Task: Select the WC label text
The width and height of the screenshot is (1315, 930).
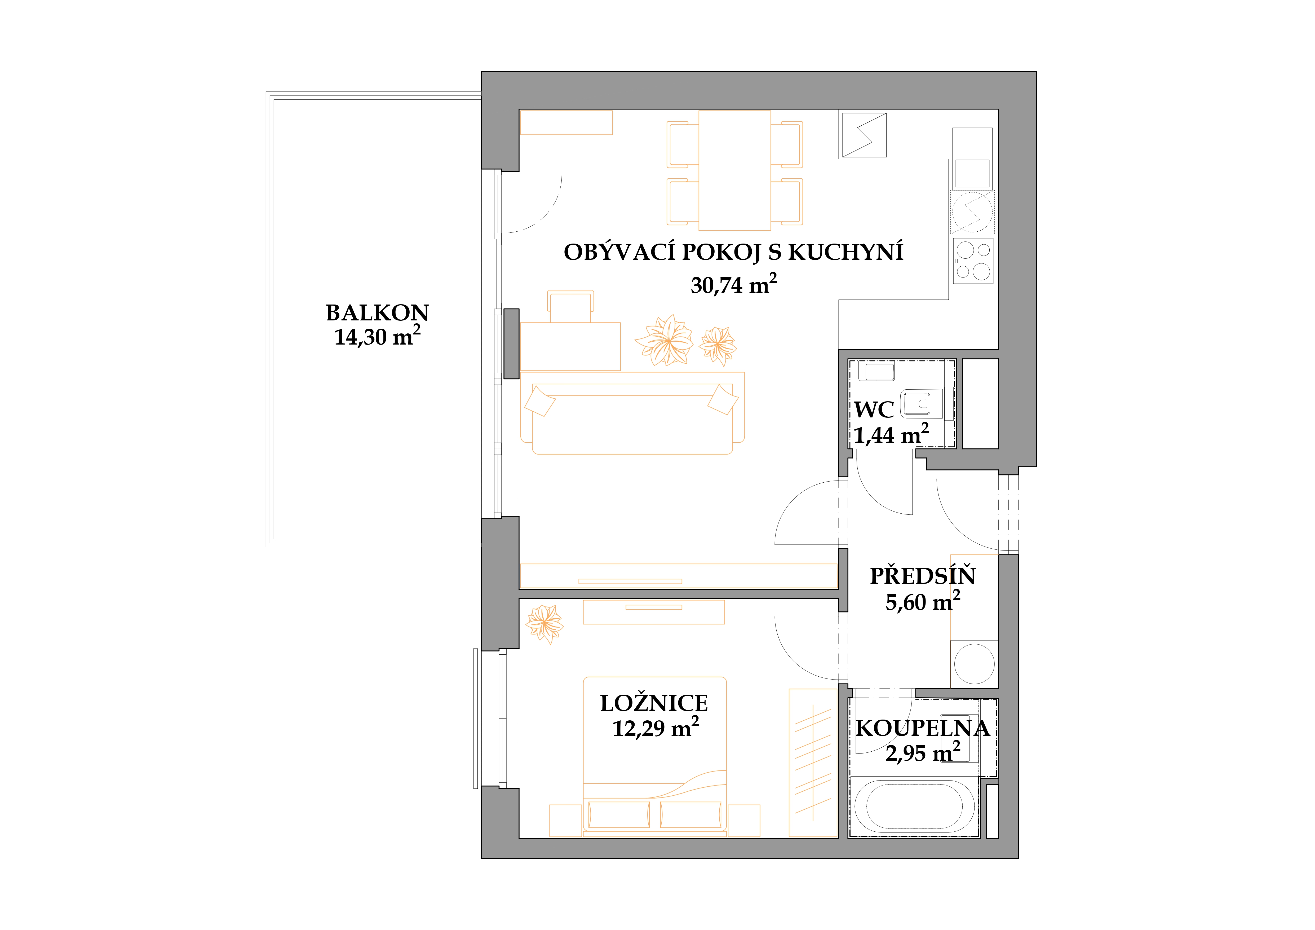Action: (874, 410)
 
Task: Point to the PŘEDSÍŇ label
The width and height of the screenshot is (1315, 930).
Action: (923, 576)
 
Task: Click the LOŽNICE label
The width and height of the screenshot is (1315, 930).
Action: (654, 703)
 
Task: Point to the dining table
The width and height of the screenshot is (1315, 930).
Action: (735, 170)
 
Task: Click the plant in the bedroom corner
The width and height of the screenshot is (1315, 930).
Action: (545, 624)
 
